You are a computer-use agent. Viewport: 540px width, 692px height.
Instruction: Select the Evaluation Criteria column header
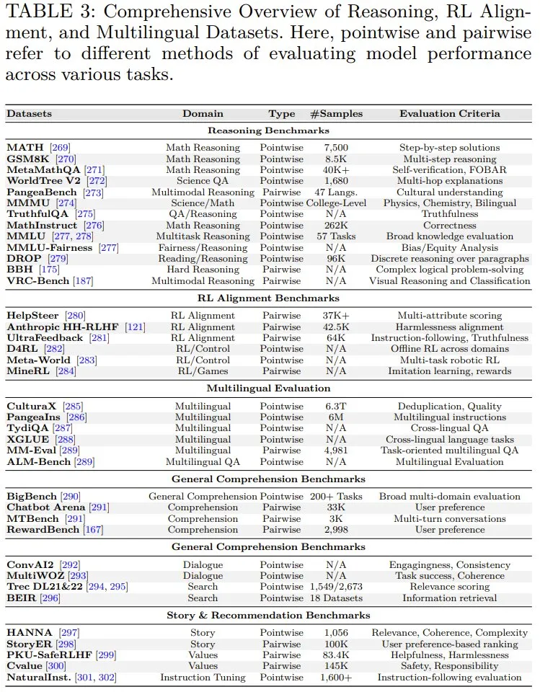[450, 113]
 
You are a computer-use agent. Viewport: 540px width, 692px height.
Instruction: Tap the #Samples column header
[336, 113]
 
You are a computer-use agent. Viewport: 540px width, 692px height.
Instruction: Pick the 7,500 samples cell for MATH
[336, 148]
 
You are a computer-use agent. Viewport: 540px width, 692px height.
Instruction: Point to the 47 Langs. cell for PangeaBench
[336, 192]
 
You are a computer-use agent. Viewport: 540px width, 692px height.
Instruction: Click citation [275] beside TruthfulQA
[85, 214]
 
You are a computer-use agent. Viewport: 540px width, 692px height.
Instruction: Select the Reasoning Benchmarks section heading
[268, 130]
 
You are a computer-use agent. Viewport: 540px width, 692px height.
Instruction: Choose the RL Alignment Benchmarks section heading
[268, 298]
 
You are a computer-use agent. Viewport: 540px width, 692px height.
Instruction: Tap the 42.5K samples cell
[336, 327]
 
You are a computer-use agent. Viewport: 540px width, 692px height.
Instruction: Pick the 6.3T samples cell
[336, 407]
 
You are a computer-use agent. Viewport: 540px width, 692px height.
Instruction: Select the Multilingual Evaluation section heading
[268, 389]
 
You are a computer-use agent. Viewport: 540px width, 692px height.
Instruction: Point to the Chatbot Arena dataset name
[47, 507]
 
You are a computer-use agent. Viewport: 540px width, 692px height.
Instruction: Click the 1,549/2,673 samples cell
[336, 587]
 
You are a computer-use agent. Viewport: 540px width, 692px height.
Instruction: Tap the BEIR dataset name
[21, 598]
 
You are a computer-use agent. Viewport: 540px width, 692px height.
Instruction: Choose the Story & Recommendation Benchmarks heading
[268, 616]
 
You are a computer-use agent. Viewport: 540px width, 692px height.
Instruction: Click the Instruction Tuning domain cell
[203, 677]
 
